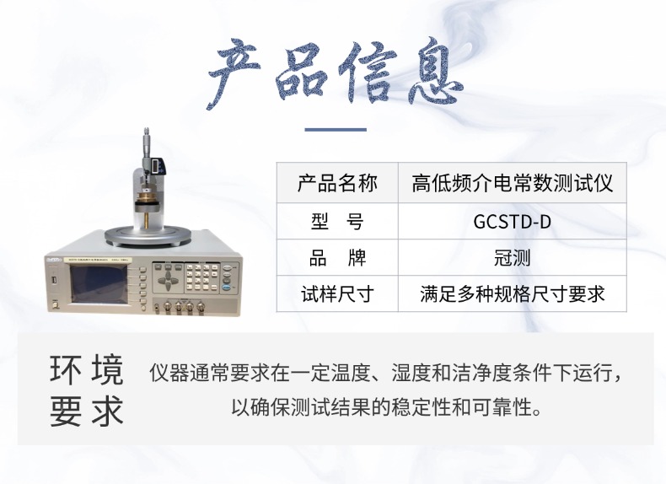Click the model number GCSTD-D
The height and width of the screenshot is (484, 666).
click(x=512, y=222)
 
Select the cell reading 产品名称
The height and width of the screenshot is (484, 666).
click(x=337, y=183)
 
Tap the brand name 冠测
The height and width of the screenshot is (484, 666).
click(x=512, y=257)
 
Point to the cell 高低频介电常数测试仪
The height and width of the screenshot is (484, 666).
click(x=512, y=183)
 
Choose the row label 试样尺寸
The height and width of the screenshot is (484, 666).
click(x=337, y=294)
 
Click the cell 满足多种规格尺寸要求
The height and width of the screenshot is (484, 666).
click(x=512, y=294)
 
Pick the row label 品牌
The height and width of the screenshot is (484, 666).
click(x=337, y=257)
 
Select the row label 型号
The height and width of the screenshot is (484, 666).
click(x=337, y=222)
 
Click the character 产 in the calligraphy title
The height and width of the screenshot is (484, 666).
click(x=233, y=73)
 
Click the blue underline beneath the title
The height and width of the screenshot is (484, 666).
click(x=336, y=129)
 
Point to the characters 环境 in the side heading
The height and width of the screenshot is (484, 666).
click(x=87, y=369)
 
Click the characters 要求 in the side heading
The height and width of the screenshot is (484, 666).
click(x=87, y=411)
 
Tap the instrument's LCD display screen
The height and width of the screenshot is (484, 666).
click(x=99, y=284)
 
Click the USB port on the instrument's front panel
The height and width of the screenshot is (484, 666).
click(x=54, y=281)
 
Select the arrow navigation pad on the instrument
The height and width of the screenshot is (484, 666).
click(x=169, y=279)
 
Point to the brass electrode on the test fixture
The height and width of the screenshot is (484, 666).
click(x=147, y=199)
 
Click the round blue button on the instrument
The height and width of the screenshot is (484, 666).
click(x=227, y=288)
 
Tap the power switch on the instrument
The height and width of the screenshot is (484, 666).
click(x=55, y=304)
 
